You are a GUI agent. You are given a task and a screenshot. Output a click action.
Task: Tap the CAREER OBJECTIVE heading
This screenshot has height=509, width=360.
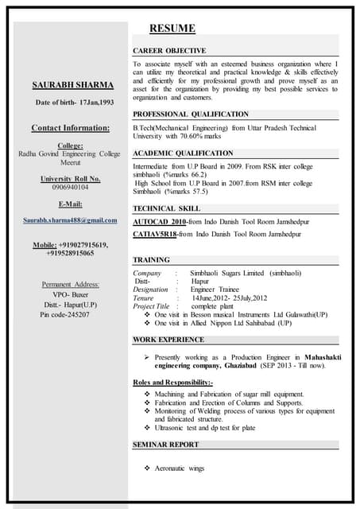(x=169, y=50)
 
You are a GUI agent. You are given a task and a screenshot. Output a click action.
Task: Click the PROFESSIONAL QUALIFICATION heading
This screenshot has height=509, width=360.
(x=190, y=114)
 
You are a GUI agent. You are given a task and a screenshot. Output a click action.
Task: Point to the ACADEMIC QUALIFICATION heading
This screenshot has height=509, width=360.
(x=183, y=153)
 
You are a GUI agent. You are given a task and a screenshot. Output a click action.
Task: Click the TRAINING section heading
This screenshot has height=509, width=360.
(x=151, y=260)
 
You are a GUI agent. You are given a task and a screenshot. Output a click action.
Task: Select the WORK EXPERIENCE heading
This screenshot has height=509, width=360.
(x=168, y=340)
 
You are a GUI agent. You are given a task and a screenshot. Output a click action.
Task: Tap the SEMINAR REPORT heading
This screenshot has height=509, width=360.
(x=165, y=444)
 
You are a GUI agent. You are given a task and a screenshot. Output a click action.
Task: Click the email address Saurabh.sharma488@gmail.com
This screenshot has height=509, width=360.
(x=71, y=220)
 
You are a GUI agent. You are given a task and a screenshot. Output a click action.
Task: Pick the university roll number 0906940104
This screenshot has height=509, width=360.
(x=71, y=188)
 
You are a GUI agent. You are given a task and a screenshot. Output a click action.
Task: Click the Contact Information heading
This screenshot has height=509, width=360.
(x=71, y=128)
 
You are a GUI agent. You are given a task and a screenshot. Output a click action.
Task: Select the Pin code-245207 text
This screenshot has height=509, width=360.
(x=65, y=314)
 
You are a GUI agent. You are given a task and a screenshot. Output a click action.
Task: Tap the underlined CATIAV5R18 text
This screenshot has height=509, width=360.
(x=155, y=235)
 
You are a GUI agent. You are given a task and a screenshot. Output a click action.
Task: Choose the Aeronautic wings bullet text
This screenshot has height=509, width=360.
(x=179, y=468)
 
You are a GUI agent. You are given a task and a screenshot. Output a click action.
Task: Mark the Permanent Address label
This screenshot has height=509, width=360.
(x=71, y=284)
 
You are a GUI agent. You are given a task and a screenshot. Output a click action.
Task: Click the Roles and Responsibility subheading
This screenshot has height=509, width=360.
(x=172, y=383)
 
